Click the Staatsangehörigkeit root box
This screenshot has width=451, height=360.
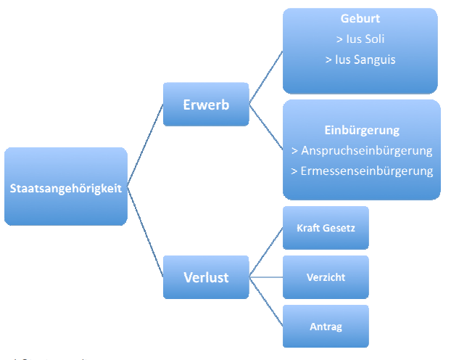65,187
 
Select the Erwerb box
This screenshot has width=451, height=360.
206,105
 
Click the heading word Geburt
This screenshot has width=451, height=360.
360,20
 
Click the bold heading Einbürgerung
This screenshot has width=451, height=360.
361,131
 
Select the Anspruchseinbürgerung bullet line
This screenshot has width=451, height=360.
361,151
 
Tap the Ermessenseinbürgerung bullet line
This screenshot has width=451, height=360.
361,171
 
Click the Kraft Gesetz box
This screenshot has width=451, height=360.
326,228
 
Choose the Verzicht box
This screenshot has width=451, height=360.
326,277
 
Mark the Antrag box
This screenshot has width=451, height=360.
326,326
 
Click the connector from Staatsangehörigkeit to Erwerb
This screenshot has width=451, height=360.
146,144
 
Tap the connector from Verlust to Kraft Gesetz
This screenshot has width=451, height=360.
266,253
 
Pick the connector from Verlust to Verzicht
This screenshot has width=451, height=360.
266,277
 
